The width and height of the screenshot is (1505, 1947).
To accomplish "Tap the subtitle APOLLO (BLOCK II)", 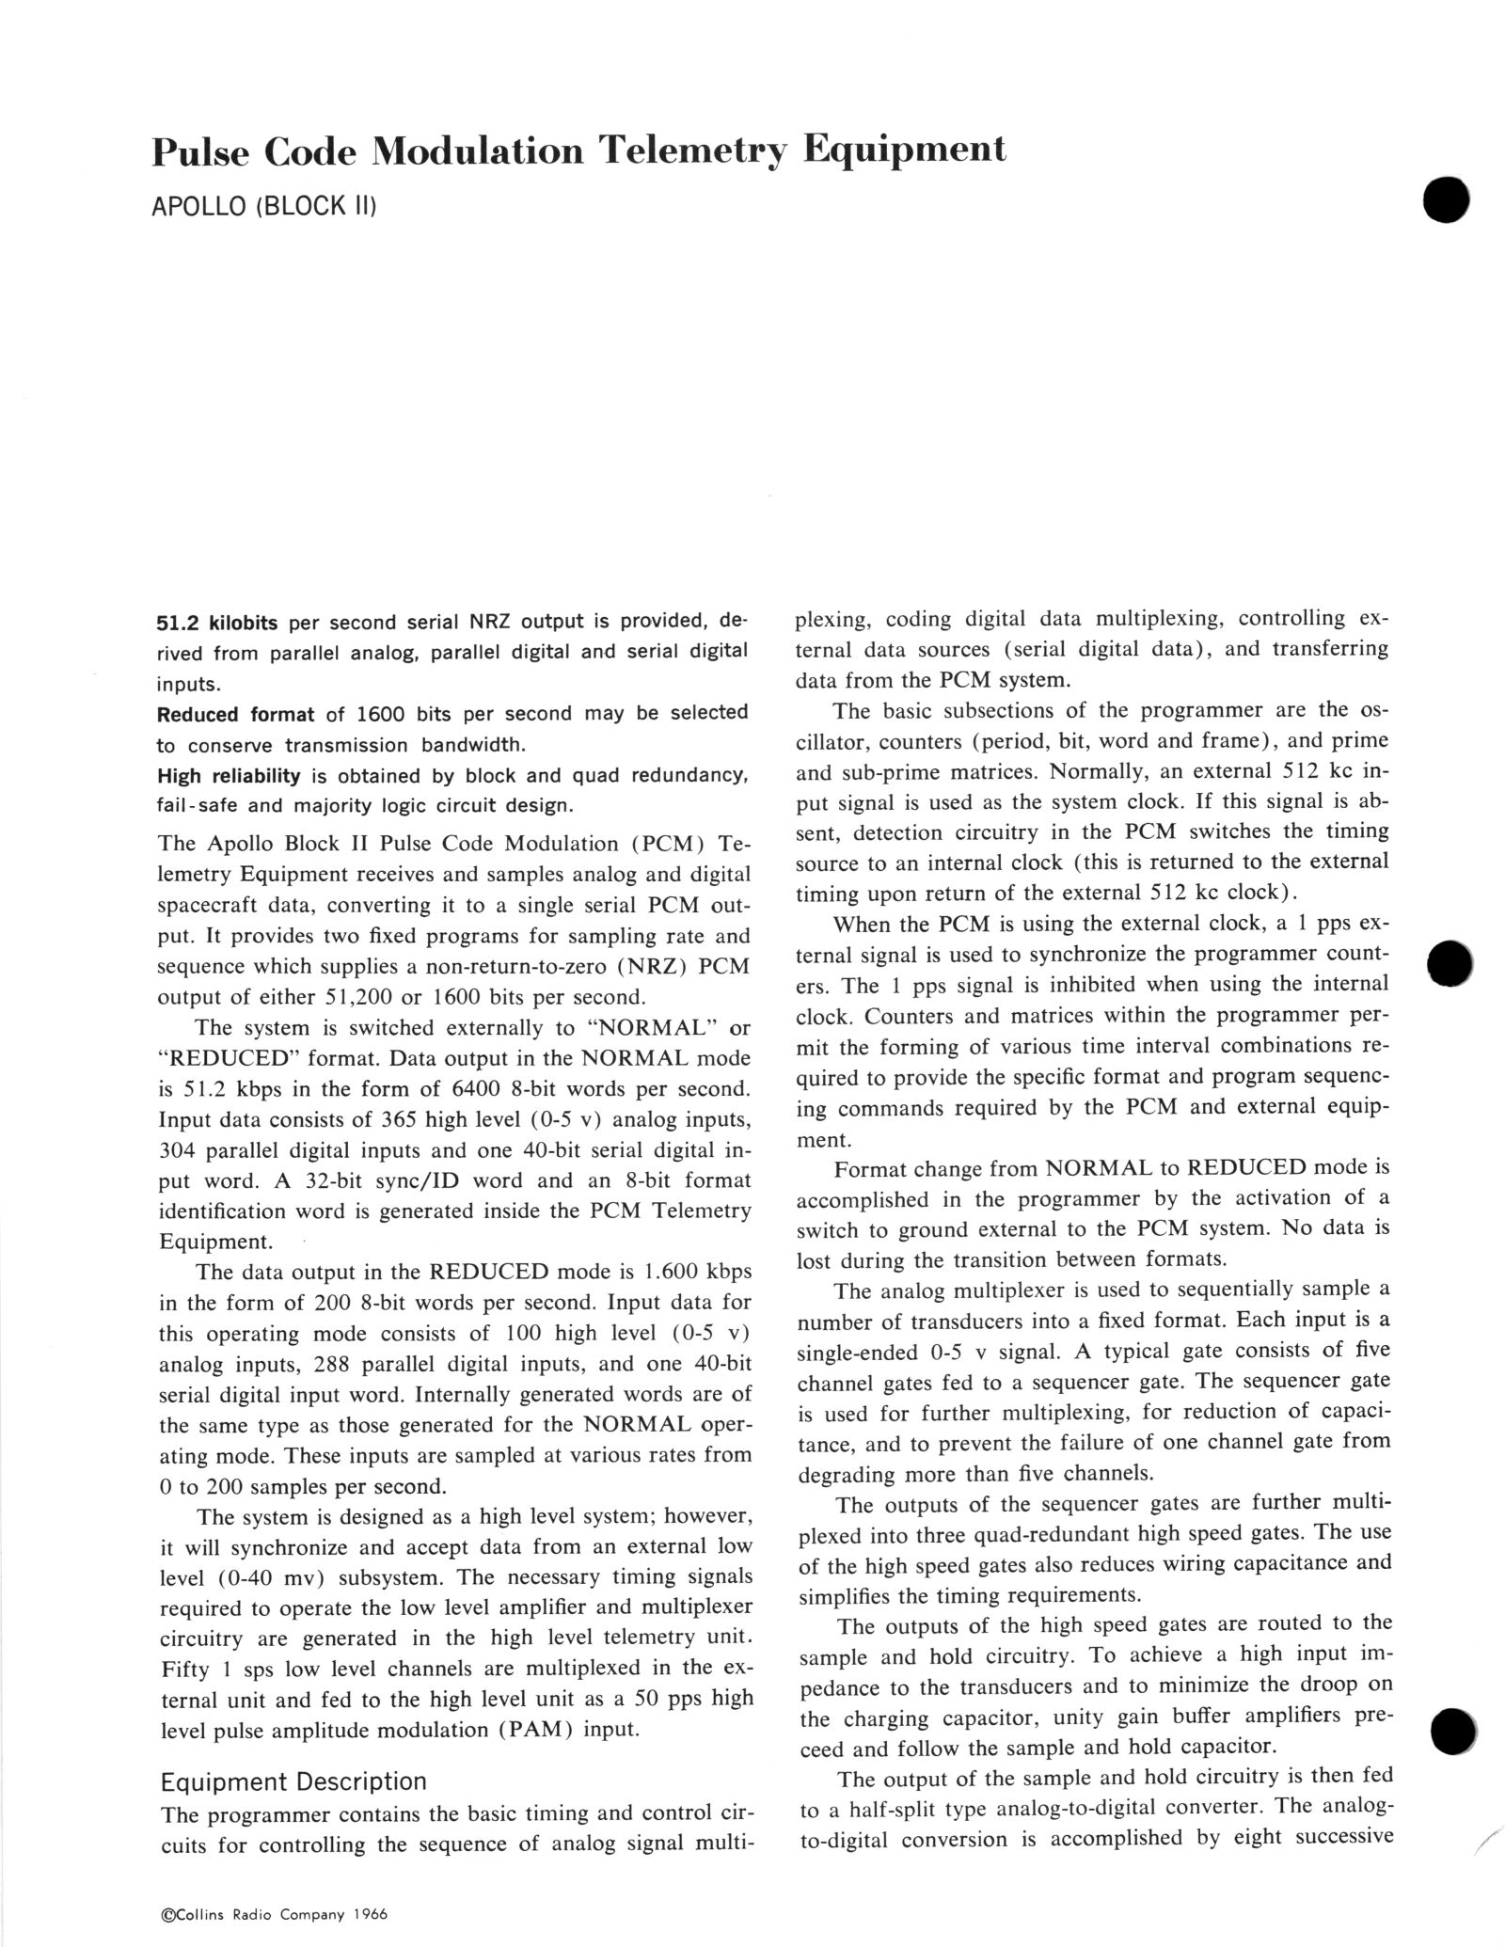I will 264,205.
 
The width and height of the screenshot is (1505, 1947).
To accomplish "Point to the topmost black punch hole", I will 1446,199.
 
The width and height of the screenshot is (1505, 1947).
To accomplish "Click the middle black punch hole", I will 1450,963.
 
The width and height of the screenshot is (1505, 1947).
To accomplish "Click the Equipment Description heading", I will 293,1781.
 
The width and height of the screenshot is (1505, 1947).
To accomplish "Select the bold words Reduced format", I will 235,714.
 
